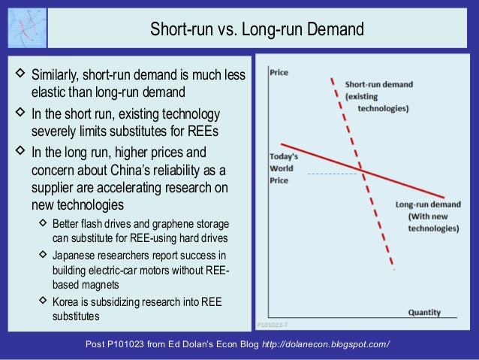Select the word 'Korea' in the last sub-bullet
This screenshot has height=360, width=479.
tap(65, 303)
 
